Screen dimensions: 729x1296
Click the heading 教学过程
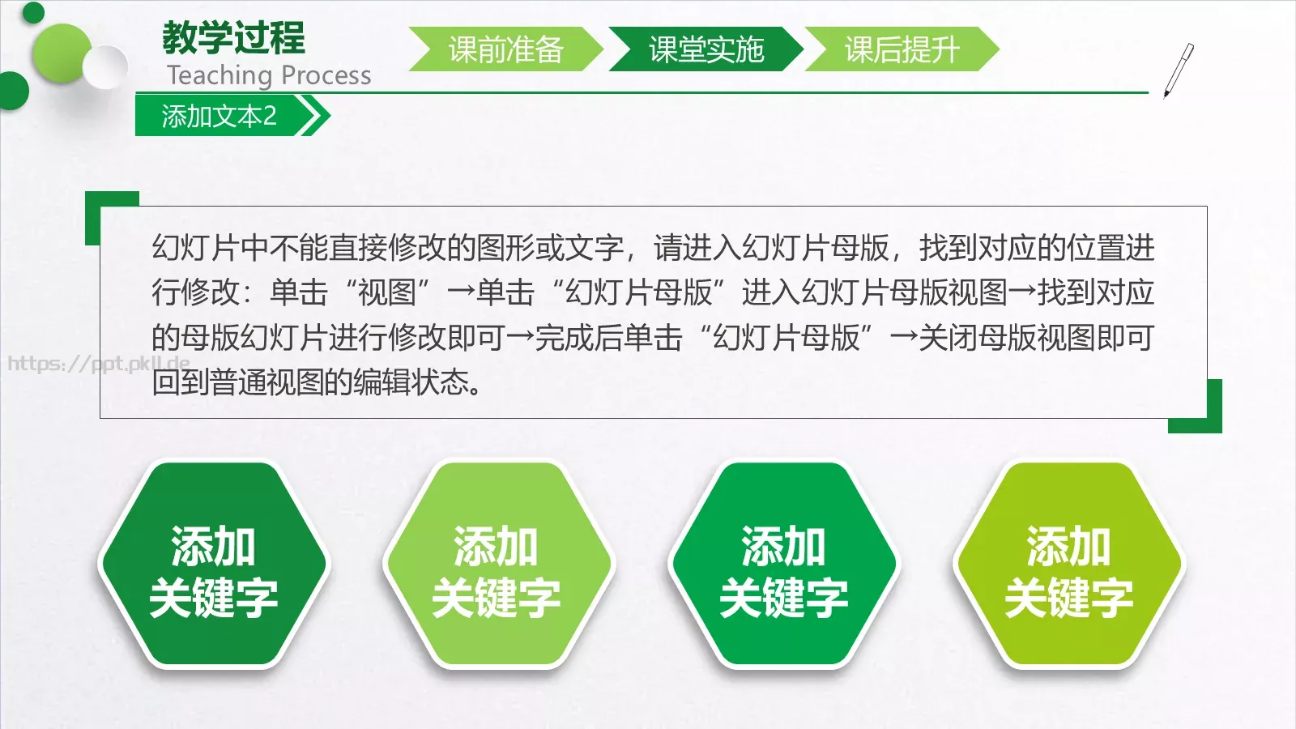click(x=233, y=37)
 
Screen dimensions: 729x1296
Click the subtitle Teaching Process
click(x=269, y=75)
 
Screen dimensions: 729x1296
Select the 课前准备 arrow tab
click(x=505, y=49)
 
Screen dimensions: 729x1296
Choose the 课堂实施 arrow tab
click(x=706, y=49)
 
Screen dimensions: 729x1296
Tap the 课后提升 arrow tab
click(x=902, y=49)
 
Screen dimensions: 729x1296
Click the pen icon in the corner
click(x=1179, y=70)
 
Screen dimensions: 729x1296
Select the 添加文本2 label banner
click(x=219, y=116)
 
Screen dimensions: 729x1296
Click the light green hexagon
click(x=497, y=565)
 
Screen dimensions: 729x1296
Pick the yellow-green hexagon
click(x=1068, y=565)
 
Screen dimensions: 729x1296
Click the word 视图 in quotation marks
click(x=386, y=292)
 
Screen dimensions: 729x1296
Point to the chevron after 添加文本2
click(x=315, y=116)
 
